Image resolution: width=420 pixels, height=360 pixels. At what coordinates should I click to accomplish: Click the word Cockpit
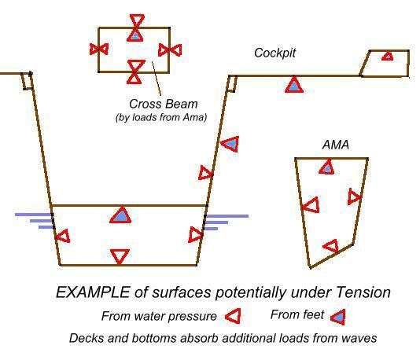tap(274, 53)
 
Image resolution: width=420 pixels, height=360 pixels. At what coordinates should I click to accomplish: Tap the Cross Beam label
tap(164, 104)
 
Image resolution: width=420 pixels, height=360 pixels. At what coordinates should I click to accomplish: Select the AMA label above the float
tap(336, 145)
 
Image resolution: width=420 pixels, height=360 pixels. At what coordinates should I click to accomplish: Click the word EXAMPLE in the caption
tap(93, 292)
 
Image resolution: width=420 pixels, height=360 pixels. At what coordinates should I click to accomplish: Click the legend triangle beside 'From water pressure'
tap(234, 316)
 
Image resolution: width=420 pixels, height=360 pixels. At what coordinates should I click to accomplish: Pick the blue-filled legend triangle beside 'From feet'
tap(338, 318)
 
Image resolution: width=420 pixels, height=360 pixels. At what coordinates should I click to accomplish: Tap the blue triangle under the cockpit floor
tap(294, 84)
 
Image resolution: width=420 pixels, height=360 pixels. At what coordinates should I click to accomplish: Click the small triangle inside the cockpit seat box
tap(388, 57)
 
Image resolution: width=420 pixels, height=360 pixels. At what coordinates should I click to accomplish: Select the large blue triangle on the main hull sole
tap(121, 215)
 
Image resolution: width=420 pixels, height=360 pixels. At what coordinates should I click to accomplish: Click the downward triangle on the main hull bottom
tap(120, 257)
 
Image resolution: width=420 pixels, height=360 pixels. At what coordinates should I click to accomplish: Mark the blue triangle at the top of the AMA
tap(326, 167)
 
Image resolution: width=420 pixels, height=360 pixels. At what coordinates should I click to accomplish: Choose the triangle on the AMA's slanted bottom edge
tap(331, 246)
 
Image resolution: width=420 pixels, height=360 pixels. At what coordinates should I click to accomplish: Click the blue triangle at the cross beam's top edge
tap(135, 35)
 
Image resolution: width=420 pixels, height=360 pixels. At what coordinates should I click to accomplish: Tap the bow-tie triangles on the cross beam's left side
tap(99, 50)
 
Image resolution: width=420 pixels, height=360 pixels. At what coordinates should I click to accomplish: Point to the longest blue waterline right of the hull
tap(227, 216)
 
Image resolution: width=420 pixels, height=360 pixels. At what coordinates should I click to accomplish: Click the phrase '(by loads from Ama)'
tap(161, 117)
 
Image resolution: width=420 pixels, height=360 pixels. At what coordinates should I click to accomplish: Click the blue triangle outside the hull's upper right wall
tap(230, 144)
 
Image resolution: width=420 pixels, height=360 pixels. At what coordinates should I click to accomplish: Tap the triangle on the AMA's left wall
tap(311, 205)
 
